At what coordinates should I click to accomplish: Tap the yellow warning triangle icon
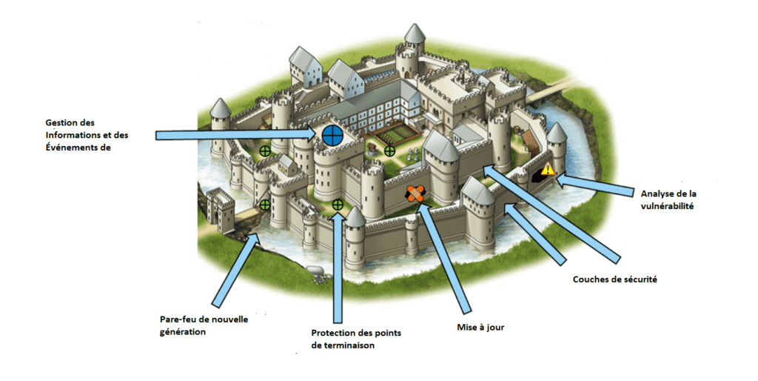(548, 169)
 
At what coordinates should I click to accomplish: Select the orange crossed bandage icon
(415, 193)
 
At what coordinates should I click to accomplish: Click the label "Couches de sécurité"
(614, 279)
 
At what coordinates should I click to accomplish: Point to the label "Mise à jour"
(480, 328)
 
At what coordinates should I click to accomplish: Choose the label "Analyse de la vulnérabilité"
(668, 199)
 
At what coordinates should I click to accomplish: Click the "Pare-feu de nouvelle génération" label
(204, 325)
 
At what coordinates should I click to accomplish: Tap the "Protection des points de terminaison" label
(356, 339)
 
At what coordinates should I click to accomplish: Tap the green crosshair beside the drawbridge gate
(264, 205)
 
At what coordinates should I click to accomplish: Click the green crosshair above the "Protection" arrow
(338, 205)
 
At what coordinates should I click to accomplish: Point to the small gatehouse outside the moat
(218, 210)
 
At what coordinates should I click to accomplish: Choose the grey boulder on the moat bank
(314, 270)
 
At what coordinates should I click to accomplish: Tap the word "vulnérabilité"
(668, 206)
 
